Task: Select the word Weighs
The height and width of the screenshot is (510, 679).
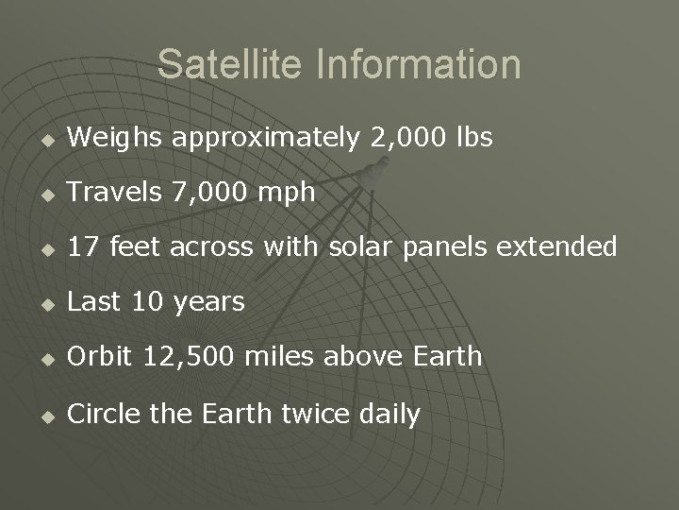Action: (118, 138)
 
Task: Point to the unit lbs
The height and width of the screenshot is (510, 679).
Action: (474, 138)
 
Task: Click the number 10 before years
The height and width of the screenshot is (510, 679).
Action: (147, 302)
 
